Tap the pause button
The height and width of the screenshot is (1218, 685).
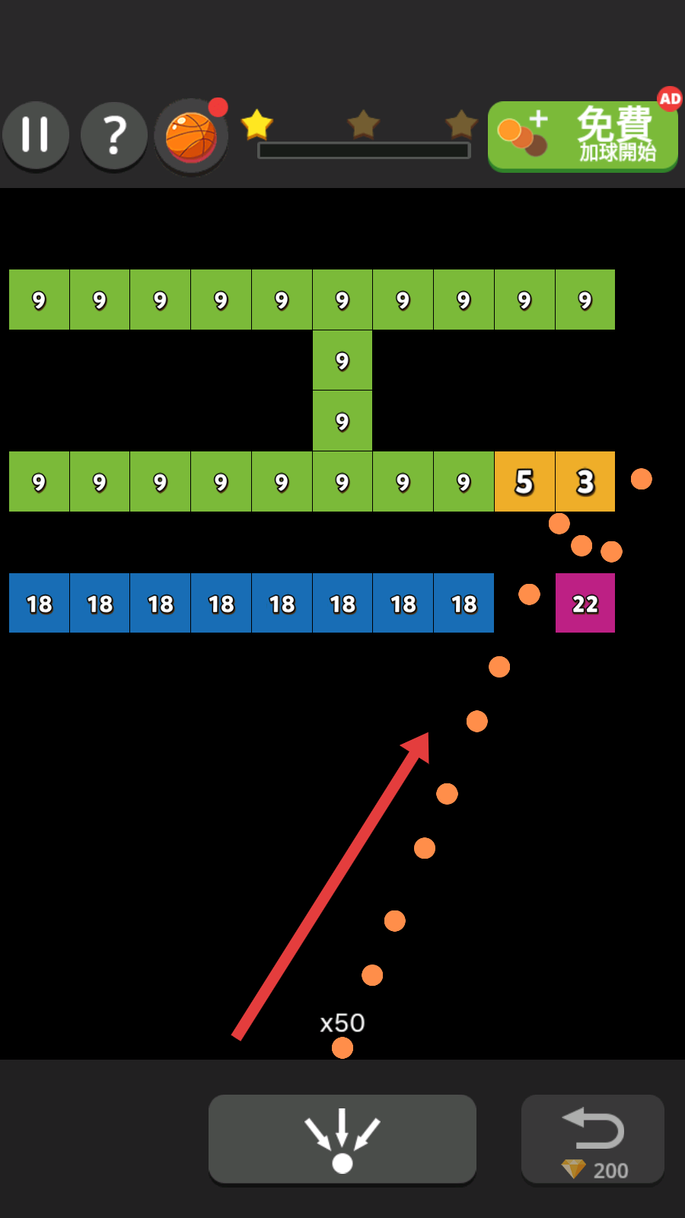[36, 135]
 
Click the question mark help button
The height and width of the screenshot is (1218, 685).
[114, 136]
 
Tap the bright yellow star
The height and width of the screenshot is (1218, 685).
[256, 124]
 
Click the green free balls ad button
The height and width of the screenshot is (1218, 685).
[582, 137]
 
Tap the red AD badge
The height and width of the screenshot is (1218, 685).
[670, 99]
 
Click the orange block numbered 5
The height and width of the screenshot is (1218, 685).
[524, 482]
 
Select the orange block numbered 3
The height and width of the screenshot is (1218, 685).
[585, 482]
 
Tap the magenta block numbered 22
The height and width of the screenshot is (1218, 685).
[585, 604]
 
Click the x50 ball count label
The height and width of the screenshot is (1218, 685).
[342, 1022]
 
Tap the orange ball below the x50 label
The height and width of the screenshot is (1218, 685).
[342, 1048]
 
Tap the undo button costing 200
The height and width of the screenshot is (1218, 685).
[593, 1138]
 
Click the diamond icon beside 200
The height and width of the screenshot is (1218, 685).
[573, 1169]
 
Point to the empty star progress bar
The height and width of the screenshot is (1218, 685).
[364, 151]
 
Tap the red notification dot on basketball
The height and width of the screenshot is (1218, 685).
[218, 107]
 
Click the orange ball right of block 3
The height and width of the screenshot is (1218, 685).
[642, 479]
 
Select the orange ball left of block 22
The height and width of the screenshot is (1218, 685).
[529, 595]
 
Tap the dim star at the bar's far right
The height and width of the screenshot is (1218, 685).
[461, 124]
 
